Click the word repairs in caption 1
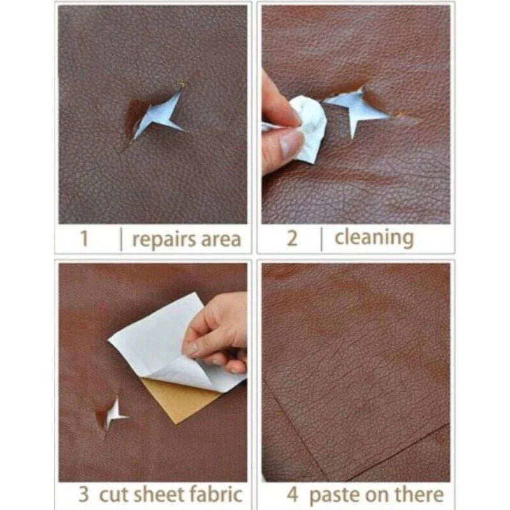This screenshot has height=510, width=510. (x=164, y=240)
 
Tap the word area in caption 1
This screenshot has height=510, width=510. (x=221, y=240)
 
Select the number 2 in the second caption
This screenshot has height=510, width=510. (x=292, y=238)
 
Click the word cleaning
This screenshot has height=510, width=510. (x=374, y=238)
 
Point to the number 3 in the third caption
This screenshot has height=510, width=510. (x=84, y=494)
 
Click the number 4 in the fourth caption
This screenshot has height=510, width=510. (x=292, y=495)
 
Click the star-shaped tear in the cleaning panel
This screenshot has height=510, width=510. (x=357, y=107)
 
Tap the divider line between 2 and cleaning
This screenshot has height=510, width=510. (x=322, y=240)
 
